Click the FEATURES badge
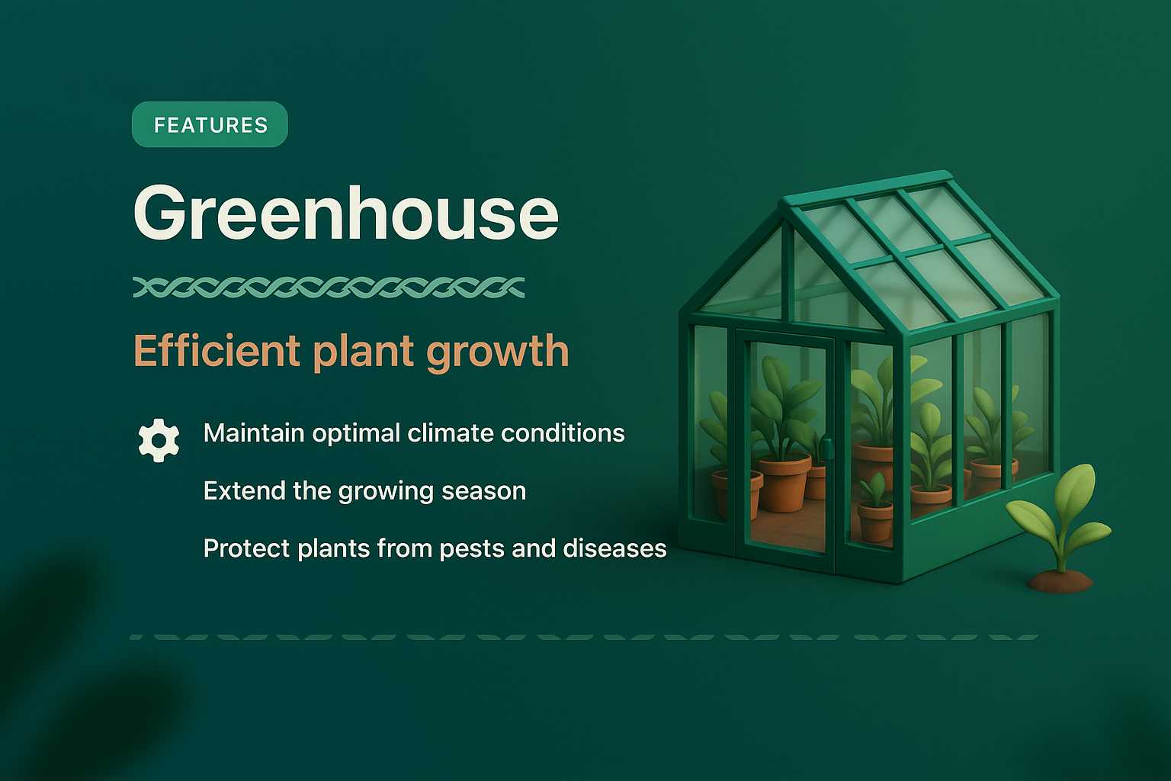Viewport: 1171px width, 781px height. [210, 124]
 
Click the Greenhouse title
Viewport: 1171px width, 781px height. [346, 214]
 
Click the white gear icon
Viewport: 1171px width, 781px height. [159, 440]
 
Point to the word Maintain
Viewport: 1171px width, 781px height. [254, 433]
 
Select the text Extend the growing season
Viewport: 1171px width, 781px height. [364, 490]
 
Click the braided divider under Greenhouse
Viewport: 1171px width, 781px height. [329, 288]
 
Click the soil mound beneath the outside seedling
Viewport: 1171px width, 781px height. [1060, 581]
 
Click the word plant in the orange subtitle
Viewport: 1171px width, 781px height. [363, 353]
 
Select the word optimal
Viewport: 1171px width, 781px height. [356, 433]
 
